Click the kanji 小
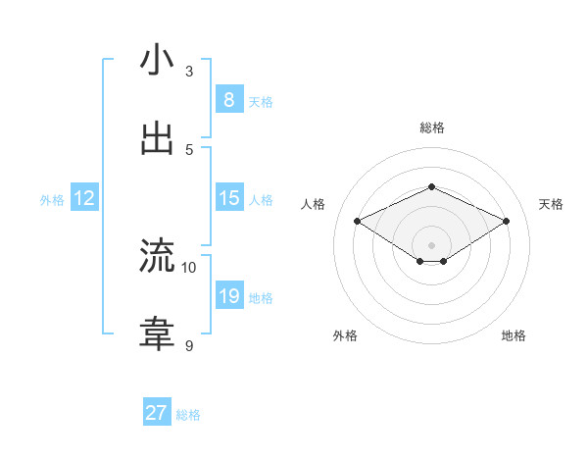click(x=157, y=60)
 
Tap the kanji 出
click(x=157, y=138)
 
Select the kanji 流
click(x=157, y=256)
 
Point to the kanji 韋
click(x=157, y=334)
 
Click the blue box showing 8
click(x=228, y=99)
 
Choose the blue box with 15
click(x=228, y=198)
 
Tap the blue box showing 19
click(x=228, y=296)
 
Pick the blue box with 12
click(x=84, y=198)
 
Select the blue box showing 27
click(x=157, y=413)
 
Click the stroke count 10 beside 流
click(x=189, y=267)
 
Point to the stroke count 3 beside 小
click(x=189, y=71)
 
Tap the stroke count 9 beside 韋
click(x=189, y=345)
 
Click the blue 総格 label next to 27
click(x=188, y=415)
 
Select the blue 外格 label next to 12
click(x=52, y=200)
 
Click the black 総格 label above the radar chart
click(x=431, y=128)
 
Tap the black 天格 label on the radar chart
click(x=551, y=204)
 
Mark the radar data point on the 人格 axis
click(x=358, y=222)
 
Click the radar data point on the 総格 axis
click(x=431, y=186)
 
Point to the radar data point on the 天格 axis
click(x=506, y=222)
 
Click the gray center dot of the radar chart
click(x=431, y=244)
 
